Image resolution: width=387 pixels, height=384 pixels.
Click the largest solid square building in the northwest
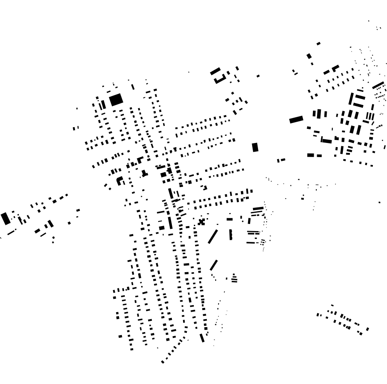pos(116,100)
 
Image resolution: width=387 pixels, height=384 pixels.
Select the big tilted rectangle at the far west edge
pos(5,218)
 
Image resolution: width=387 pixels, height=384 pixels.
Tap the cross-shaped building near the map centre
pos(202,222)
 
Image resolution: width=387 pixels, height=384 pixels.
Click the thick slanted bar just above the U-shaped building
pos(215,71)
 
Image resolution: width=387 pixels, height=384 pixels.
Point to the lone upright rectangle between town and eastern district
pos(255,147)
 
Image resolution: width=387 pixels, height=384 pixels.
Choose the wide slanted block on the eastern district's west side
pos(296,120)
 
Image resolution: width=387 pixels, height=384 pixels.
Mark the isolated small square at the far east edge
pos(380,202)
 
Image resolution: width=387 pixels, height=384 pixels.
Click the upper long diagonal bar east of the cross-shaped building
pos(213,236)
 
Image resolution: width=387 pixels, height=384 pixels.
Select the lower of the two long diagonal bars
pos(213,265)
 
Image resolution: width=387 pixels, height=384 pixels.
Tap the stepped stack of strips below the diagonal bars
pos(234,278)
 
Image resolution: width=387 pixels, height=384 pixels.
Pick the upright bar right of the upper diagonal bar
pos(231,235)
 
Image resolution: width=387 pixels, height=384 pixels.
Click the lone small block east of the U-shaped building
pos(258,76)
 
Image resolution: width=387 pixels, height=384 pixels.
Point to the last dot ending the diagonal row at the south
pos(162,362)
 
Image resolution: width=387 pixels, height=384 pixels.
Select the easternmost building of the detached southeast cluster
pos(367,329)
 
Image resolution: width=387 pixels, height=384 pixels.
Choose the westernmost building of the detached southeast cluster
pos(318,315)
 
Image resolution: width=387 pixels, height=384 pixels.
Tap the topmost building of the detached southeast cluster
pos(332,305)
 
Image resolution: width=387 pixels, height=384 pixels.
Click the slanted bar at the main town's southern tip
pos(202,337)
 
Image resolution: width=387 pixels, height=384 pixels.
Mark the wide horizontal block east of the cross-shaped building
pos(230,219)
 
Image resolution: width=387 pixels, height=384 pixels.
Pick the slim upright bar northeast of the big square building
pos(133,87)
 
